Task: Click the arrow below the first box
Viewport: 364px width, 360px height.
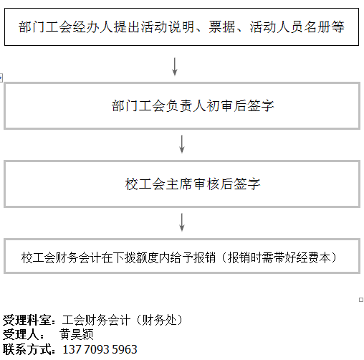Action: coord(175,67)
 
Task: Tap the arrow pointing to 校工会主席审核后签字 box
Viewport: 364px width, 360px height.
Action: coord(182,144)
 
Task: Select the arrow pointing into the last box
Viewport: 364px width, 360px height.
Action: coord(182,222)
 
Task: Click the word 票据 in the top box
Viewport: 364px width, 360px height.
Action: coord(222,27)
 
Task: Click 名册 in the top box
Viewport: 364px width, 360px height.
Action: coord(317,27)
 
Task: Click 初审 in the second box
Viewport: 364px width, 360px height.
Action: coord(220,105)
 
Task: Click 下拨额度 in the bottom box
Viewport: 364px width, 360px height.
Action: coord(136,257)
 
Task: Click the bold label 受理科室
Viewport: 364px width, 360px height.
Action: coord(27,320)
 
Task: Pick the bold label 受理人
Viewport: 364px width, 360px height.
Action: coord(21,334)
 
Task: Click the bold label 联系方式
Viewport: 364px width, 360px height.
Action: coord(27,349)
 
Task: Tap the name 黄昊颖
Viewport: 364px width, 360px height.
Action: coord(77,334)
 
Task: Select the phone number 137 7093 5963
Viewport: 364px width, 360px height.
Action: coord(100,349)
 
